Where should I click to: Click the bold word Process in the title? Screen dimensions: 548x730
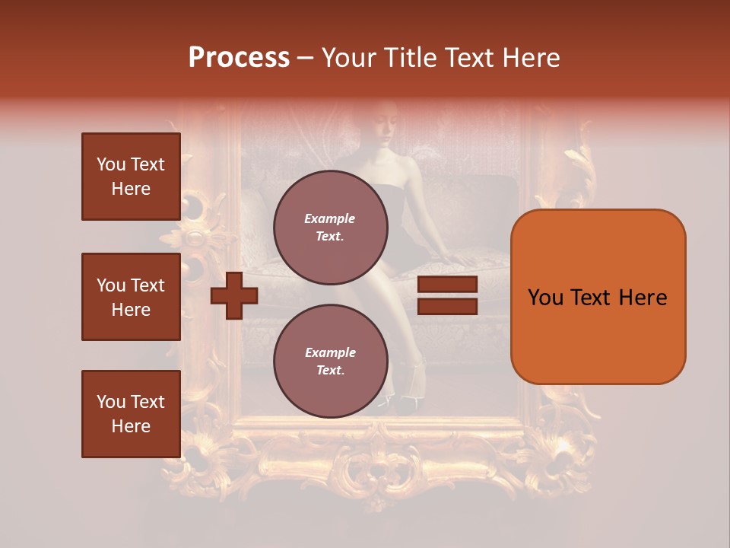pos(239,58)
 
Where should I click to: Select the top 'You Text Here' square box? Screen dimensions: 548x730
pos(131,177)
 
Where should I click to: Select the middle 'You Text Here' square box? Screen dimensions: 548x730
pos(131,297)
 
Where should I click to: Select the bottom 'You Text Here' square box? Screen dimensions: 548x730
pos(131,414)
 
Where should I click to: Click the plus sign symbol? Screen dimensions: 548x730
pos(234,295)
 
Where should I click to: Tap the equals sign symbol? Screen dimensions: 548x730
pos(447,295)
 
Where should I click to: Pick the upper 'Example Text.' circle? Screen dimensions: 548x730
pos(330,227)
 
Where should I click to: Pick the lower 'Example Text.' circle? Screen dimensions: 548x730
pos(330,361)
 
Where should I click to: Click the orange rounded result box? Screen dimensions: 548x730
pos(598,297)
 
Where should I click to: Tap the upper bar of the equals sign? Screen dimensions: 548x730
pos(447,285)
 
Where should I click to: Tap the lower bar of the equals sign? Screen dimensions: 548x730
pos(447,306)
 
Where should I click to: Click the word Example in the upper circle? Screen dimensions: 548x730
pos(330,218)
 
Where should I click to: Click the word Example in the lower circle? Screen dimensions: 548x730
pos(330,352)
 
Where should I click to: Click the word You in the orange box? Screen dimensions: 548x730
pos(545,298)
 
